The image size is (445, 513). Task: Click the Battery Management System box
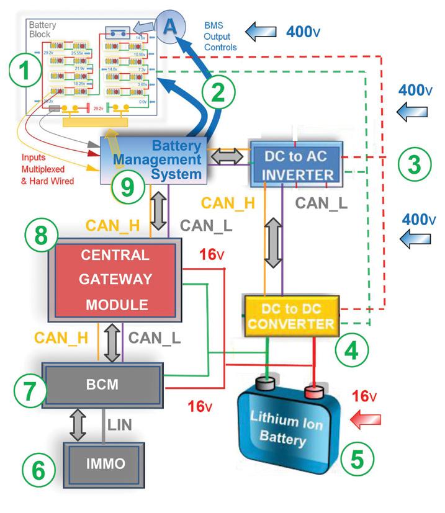click(x=155, y=159)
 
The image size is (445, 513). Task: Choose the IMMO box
click(x=104, y=462)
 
